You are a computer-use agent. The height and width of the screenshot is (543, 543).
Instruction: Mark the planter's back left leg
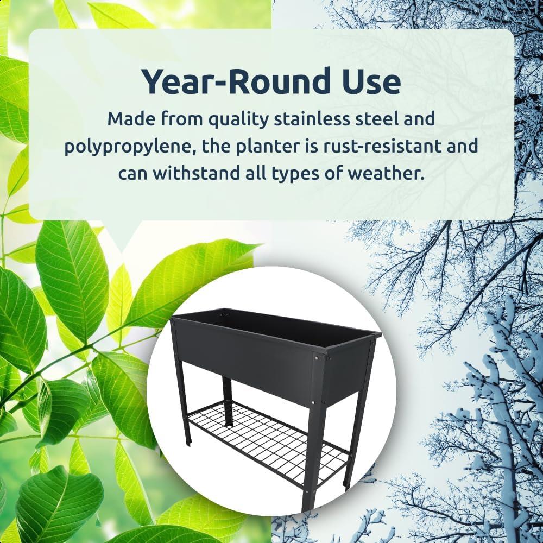click(228, 402)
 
